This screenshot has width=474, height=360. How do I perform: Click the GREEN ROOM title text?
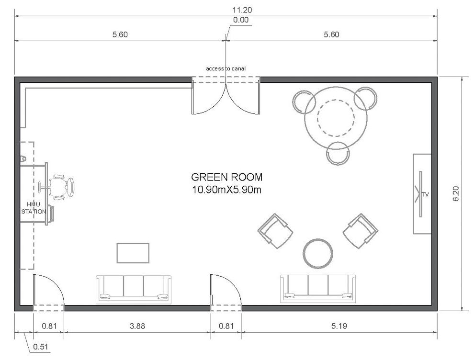click(x=226, y=177)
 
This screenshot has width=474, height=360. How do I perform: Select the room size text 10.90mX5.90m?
click(x=226, y=189)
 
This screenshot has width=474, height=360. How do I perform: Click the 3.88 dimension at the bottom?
click(x=137, y=326)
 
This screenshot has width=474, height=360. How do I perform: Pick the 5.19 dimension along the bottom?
click(x=339, y=326)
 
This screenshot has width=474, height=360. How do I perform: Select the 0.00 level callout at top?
click(x=240, y=20)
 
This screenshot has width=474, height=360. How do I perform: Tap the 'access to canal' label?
click(x=226, y=69)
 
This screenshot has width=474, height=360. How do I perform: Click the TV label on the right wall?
click(x=425, y=194)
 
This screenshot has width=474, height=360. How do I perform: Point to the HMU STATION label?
click(x=34, y=207)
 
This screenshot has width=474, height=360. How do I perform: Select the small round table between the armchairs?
click(x=318, y=253)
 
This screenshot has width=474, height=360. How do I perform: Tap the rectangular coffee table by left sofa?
click(x=133, y=253)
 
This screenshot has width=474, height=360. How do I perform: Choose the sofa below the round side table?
click(x=318, y=288)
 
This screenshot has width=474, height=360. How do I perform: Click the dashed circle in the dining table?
click(x=336, y=117)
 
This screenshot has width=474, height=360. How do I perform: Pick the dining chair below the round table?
click(x=338, y=153)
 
